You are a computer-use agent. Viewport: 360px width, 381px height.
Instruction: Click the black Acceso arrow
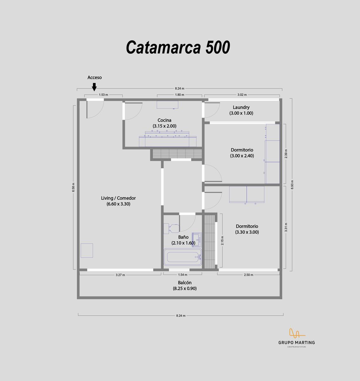94,87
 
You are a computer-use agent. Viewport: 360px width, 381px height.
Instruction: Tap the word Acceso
95,77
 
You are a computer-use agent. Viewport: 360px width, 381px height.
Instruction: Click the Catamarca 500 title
178,47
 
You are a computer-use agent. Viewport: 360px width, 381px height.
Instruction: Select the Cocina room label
164,123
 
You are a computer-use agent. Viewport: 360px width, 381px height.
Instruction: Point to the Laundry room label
241,110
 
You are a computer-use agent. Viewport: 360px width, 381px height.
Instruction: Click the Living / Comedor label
118,201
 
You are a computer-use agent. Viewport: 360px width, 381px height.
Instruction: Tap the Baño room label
183,240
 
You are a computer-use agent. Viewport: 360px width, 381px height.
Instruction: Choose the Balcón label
185,285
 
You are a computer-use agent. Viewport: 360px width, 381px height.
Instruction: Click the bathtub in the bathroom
183,257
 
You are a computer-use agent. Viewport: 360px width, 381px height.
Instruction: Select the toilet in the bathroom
172,228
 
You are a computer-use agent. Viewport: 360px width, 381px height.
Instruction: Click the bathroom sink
197,240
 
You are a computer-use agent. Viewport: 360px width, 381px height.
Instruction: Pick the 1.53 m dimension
103,95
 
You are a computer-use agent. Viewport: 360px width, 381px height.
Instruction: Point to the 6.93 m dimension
292,184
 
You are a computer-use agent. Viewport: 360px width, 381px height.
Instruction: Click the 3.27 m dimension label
120,275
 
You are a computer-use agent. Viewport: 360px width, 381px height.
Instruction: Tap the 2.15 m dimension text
222,241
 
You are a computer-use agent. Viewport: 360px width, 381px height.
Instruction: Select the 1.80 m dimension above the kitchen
179,95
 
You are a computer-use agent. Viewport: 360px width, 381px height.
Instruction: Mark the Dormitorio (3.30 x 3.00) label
247,229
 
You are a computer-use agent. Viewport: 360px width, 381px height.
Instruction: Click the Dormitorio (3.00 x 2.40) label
242,153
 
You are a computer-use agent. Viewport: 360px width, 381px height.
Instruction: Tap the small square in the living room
87,251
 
